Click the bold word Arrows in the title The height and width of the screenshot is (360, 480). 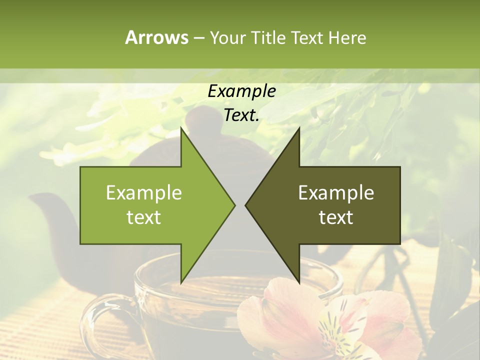click(x=156, y=37)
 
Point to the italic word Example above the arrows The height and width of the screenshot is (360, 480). click(x=241, y=91)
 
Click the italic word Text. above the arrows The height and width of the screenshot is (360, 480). click(x=241, y=115)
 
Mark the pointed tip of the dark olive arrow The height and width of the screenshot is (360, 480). click(x=247, y=205)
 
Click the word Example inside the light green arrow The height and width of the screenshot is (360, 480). click(x=143, y=192)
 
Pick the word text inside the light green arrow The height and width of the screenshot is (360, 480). click(x=143, y=217)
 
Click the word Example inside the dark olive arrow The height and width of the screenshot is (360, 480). click(x=336, y=192)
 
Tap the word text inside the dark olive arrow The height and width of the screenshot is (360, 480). click(x=336, y=217)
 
